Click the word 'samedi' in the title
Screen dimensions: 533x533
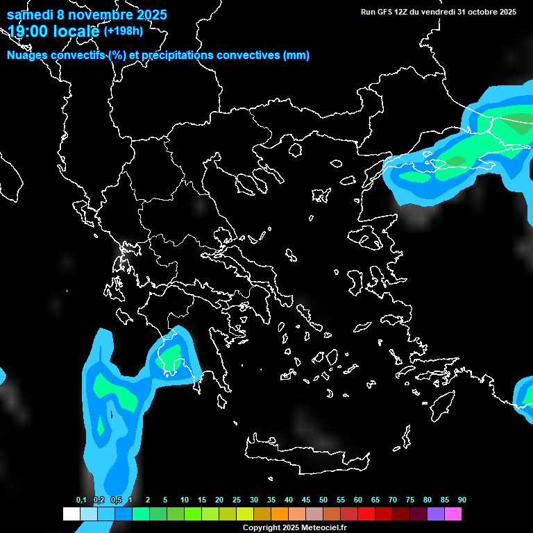pos(33,15)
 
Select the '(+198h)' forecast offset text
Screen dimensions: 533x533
pos(123,31)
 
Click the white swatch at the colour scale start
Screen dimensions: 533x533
pos(71,514)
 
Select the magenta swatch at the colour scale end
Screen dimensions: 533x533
pos(453,514)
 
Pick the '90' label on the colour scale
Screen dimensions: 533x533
pos(462,500)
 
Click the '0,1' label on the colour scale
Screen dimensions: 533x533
pos(81,500)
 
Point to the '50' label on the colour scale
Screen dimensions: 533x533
pos(323,500)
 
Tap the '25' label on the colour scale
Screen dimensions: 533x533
pos(237,500)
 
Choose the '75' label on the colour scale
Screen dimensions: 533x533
pos(410,500)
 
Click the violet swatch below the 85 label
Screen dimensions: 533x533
pos(436,514)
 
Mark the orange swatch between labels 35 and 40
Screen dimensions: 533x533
pos(280,514)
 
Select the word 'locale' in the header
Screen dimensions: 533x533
pos(76,31)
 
